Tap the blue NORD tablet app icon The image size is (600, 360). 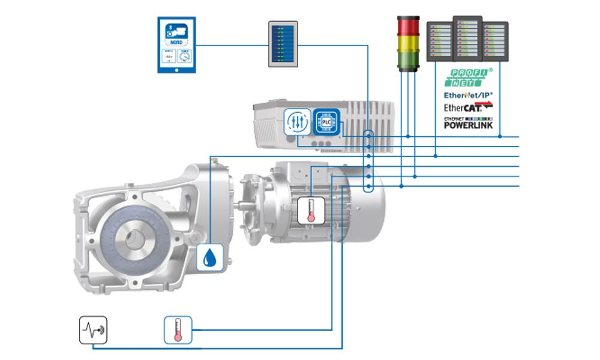tap(176, 45)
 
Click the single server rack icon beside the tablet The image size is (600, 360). tap(283, 44)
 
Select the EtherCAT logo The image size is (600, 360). tap(467, 107)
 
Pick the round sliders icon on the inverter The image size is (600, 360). tap(296, 120)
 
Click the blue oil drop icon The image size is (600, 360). tap(209, 257)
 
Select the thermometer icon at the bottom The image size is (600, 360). tap(178, 329)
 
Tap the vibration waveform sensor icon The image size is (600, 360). tap(93, 329)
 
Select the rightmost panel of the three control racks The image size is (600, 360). tap(495, 41)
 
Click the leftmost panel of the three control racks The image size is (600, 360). tap(439, 41)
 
